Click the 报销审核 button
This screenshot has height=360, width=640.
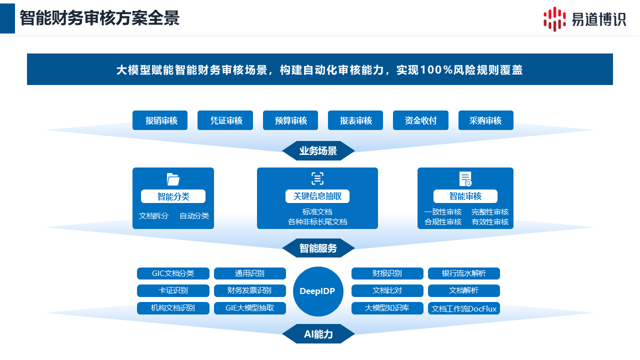pyautogui.click(x=160, y=120)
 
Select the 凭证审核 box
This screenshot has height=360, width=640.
pyautogui.click(x=225, y=120)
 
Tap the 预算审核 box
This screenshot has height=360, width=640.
pyautogui.click(x=290, y=120)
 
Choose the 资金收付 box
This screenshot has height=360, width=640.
pyautogui.click(x=420, y=120)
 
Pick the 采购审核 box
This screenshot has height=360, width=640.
pyautogui.click(x=485, y=120)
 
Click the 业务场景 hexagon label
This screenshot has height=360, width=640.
pyautogui.click(x=318, y=151)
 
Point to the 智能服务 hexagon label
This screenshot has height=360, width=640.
pyautogui.click(x=318, y=248)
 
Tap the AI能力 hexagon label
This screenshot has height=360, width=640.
pyautogui.click(x=318, y=334)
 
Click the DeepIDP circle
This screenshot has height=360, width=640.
pyautogui.click(x=318, y=291)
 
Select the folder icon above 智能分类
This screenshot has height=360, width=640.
pyautogui.click(x=173, y=179)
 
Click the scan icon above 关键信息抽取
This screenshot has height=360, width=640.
pyautogui.click(x=317, y=178)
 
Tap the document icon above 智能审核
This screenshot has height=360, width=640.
pyautogui.click(x=465, y=179)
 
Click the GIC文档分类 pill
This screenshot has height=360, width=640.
pyautogui.click(x=173, y=273)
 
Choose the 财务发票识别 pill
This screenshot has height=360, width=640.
pyautogui.click(x=249, y=290)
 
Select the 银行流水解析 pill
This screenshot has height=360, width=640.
pyautogui.click(x=464, y=273)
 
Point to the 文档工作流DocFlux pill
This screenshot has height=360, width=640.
pyautogui.click(x=464, y=308)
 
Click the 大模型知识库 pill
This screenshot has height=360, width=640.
pyautogui.click(x=387, y=308)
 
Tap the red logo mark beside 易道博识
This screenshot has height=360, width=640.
pyautogui.click(x=554, y=19)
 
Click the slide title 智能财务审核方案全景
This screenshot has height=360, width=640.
pyautogui.click(x=99, y=18)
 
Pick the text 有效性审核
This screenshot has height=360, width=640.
pyautogui.click(x=490, y=222)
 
